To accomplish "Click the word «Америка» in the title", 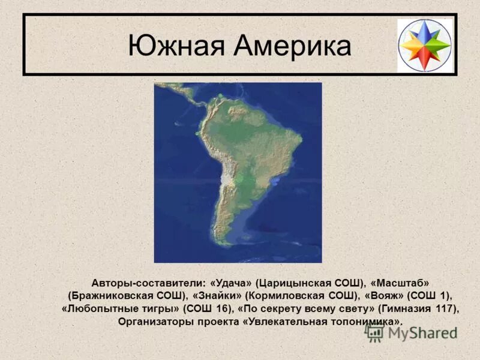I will pyautogui.click(x=291, y=46).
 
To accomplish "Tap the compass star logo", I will pyautogui.click(x=425, y=46).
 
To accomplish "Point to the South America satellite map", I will pyautogui.click(x=238, y=173).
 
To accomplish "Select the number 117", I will pyautogui.click(x=445, y=308).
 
